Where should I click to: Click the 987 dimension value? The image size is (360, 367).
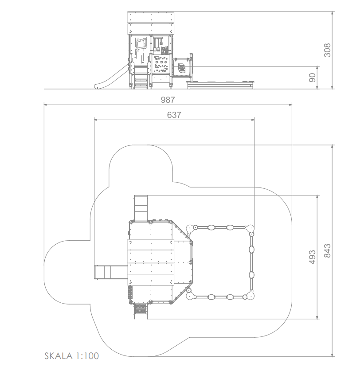pos(168,100)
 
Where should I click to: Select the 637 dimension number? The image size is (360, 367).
pos(174,115)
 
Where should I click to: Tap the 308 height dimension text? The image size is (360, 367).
pos(327,50)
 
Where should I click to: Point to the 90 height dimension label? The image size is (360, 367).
pos(312,78)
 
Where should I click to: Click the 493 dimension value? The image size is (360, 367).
pos(312,257)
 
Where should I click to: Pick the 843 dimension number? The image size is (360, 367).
pos(327,251)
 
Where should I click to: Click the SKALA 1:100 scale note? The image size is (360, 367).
pos(72,356)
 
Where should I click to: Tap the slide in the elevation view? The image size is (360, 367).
pos(111,77)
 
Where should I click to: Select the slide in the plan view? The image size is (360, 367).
pos(111,272)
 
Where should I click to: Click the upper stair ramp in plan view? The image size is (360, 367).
pos(141,208)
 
